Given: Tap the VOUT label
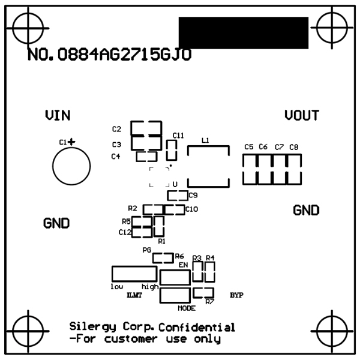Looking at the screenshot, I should pyautogui.click(x=302, y=115).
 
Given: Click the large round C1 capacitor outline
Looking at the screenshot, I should pyautogui.click(x=71, y=166).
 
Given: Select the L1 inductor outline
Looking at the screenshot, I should pyautogui.click(x=208, y=166).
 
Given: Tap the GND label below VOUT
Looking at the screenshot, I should pyautogui.click(x=306, y=211).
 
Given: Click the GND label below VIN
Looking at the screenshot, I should pyautogui.click(x=57, y=223).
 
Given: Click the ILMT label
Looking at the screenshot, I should pyautogui.click(x=134, y=295).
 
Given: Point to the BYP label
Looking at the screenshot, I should pyautogui.click(x=236, y=295).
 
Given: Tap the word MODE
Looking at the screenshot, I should pyautogui.click(x=187, y=308).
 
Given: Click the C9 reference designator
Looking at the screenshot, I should pyautogui.click(x=193, y=195).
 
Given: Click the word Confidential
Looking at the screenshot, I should pyautogui.click(x=197, y=328).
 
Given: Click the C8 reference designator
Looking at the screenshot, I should pyautogui.click(x=293, y=147).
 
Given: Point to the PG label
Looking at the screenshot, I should pyautogui.click(x=146, y=250).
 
